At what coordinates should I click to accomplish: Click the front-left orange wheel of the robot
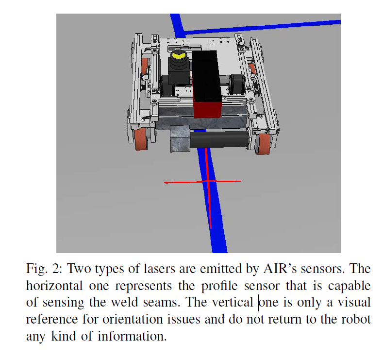(x=141, y=140)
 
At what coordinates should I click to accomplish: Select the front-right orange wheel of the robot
(x=265, y=144)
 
